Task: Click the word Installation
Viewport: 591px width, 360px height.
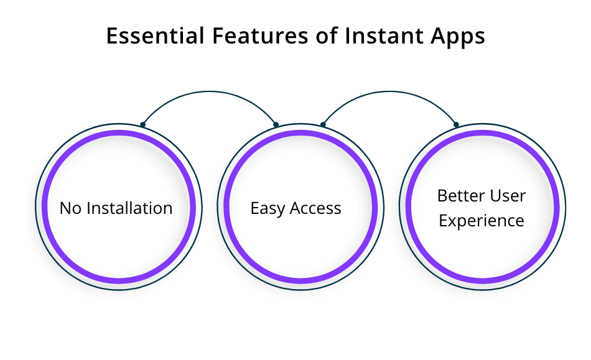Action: coord(128,208)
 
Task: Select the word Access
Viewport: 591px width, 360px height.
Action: coord(314,208)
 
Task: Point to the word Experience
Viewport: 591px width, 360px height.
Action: coord(481,221)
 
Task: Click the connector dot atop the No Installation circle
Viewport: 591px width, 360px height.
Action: coord(142,124)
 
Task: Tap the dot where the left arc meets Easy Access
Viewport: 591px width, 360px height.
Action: coord(276,124)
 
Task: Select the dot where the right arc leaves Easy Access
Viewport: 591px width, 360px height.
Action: coord(323,124)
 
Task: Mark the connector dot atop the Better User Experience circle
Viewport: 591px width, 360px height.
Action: coord(456,124)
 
